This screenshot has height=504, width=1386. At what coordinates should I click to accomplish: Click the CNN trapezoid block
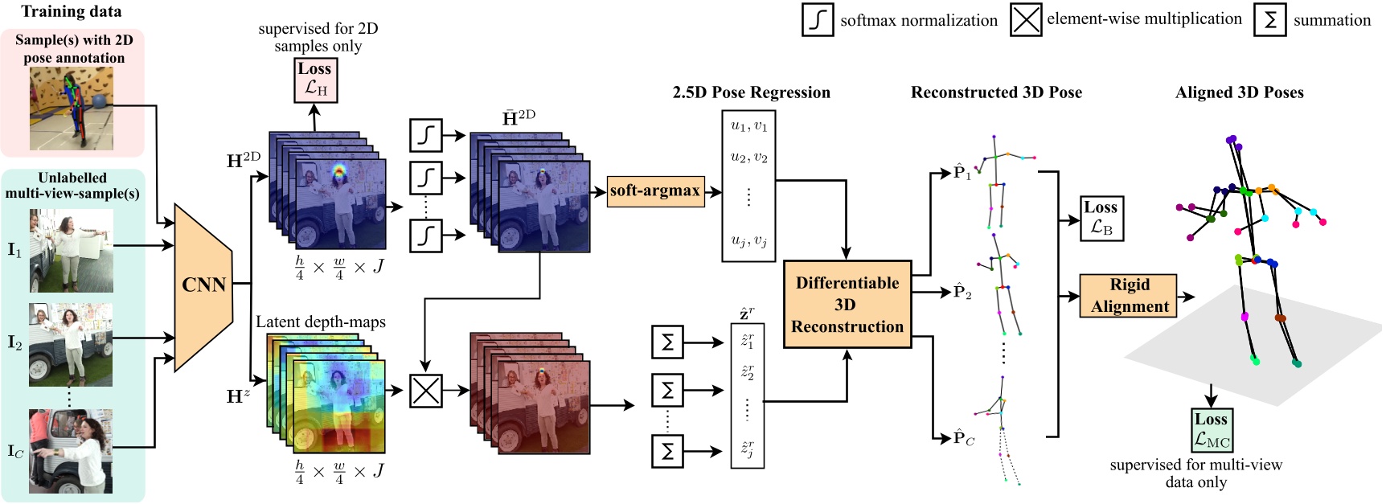click(x=203, y=285)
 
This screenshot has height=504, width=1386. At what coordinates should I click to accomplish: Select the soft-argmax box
click(x=655, y=191)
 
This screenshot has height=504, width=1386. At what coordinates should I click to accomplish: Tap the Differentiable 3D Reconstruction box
click(x=847, y=305)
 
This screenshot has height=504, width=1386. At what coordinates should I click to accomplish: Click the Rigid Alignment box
click(x=1128, y=296)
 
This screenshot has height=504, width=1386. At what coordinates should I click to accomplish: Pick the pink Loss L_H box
click(x=315, y=80)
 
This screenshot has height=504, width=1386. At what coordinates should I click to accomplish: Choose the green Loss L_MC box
click(x=1212, y=430)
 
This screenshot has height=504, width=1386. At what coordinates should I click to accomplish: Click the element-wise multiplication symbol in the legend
click(x=1026, y=20)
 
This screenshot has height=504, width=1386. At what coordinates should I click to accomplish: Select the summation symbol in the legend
click(x=1269, y=20)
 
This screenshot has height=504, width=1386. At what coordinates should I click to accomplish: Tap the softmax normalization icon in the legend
click(x=817, y=20)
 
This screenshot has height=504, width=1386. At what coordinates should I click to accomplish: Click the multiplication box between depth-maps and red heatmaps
click(x=425, y=391)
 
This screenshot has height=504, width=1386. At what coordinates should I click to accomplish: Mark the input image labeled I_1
click(x=72, y=251)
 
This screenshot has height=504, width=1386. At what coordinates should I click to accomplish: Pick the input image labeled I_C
click(x=71, y=451)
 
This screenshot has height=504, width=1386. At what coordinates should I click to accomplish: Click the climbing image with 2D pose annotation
click(x=72, y=109)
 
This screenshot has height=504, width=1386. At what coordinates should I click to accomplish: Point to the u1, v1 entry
click(x=748, y=126)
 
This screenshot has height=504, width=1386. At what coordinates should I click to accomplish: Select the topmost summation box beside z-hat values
click(x=666, y=342)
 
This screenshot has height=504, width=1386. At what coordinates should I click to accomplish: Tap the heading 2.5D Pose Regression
click(x=751, y=92)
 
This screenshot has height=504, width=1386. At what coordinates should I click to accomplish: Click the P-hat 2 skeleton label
click(x=962, y=292)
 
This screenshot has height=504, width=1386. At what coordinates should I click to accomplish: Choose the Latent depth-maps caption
click(x=321, y=322)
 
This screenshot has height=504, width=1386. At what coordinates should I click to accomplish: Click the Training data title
click(x=71, y=11)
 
